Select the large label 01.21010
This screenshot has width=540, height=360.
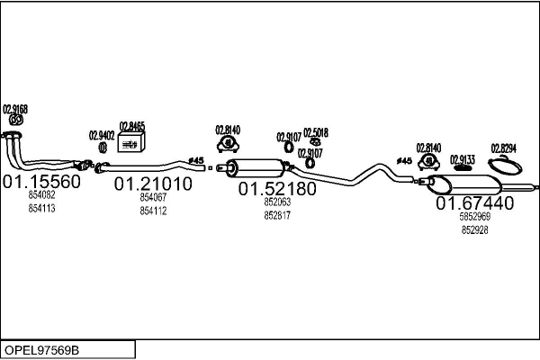point(153,184)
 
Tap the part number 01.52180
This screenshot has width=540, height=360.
point(277,190)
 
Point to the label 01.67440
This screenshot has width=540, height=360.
point(475,204)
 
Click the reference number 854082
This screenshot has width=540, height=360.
point(41,196)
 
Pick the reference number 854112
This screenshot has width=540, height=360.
point(153,211)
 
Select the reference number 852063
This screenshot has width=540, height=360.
point(277,202)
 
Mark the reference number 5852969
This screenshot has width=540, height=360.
point(475,218)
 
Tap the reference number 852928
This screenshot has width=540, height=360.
point(475,230)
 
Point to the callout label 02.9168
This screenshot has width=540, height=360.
point(15,109)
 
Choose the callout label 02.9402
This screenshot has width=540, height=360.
point(101,135)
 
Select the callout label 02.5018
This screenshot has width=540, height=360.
point(315,132)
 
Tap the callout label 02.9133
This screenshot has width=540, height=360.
point(462,157)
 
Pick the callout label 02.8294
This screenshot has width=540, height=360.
point(503,148)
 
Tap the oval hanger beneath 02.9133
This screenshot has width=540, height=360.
point(463,167)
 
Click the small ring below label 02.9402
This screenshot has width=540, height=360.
point(101,147)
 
